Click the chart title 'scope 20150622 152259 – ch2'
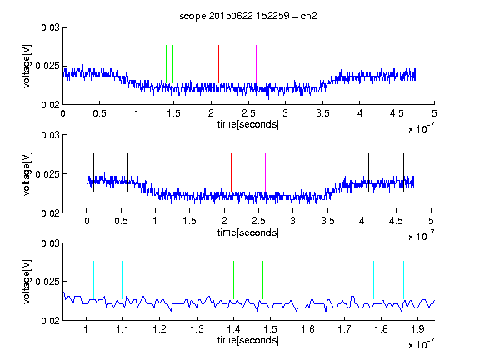coord(248,16)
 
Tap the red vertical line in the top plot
coord(218,64)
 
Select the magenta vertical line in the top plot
coord(256,64)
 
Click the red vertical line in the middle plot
coord(231,172)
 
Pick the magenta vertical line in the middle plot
coord(265,172)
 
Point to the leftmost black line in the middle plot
coord(93,172)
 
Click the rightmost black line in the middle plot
coord(404,172)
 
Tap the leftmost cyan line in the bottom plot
coord(93,280)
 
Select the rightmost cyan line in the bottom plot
coord(404,280)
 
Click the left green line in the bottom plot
coord(234,280)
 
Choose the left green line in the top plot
coord(166,64)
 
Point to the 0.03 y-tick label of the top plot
coord(50,27)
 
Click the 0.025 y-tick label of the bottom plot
coord(47,282)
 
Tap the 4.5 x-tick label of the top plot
coord(397,113)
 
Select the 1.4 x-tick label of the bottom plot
coord(233,329)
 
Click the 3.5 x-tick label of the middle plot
coord(327,221)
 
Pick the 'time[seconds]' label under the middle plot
coord(248,232)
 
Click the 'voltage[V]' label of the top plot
coord(27,67)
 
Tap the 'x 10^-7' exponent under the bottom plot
coord(421,344)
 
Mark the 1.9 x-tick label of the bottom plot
coord(417,329)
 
